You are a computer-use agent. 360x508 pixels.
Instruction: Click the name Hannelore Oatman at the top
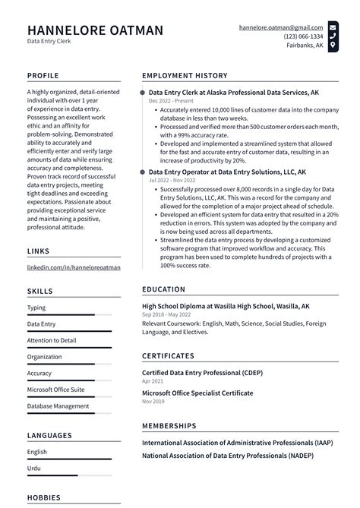tap(95, 30)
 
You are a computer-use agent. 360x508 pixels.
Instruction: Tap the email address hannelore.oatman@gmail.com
tap(280, 27)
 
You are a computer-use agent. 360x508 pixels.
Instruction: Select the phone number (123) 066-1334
tap(303, 36)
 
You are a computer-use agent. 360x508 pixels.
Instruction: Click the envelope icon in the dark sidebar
tap(333, 27)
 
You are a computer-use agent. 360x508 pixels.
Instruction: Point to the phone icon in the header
tap(333, 36)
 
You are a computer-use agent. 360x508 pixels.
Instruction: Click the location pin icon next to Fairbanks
tap(333, 46)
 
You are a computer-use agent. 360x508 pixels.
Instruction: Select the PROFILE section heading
tap(44, 76)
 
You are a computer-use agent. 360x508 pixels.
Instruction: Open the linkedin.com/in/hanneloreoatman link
tap(74, 268)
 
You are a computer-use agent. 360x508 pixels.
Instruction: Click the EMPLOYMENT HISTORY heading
tap(185, 76)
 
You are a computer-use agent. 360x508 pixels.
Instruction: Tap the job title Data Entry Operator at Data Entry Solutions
tap(227, 172)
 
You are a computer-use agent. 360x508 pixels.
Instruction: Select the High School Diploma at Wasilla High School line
tap(226, 306)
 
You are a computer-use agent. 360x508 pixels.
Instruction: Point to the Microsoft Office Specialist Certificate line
tap(197, 393)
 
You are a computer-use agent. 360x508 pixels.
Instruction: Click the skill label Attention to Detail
tap(52, 340)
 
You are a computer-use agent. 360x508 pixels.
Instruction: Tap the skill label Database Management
tap(58, 405)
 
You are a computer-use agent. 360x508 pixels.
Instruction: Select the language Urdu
tap(35, 469)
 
